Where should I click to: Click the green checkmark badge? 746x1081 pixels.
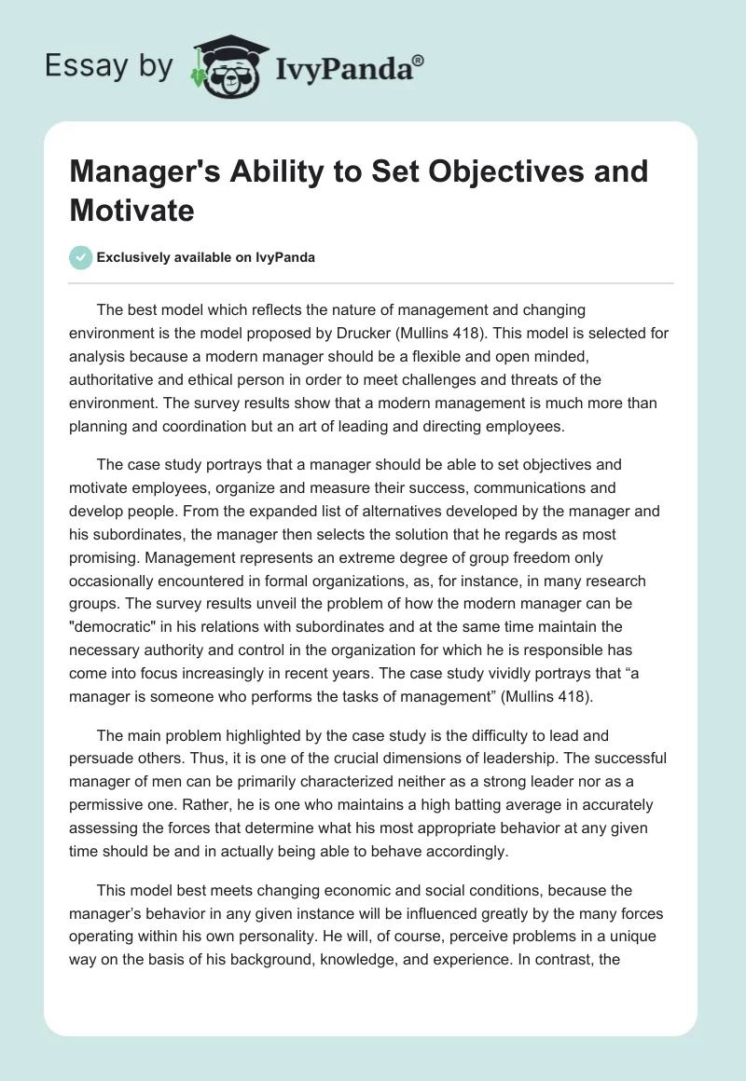81,257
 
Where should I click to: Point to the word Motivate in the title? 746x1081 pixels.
132,210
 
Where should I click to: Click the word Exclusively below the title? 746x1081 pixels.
136,258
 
